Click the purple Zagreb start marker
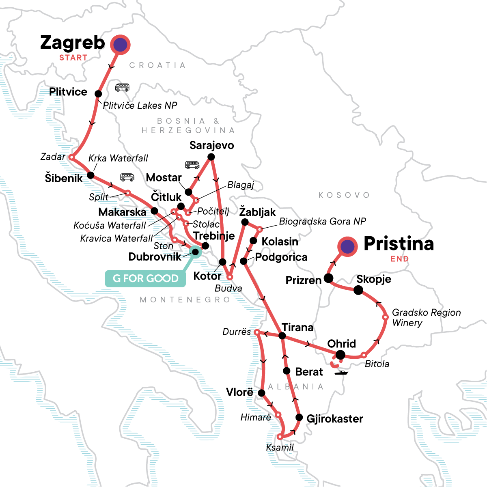pyautogui.click(x=120, y=45)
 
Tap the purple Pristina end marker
pyautogui.click(x=347, y=246)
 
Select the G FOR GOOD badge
pyautogui.click(x=145, y=278)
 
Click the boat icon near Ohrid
pyautogui.click(x=341, y=372)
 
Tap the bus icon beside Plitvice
pyautogui.click(x=122, y=87)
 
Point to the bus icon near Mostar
pyautogui.click(x=192, y=165)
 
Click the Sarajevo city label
pyautogui.click(x=211, y=145)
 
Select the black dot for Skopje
pyautogui.click(x=358, y=290)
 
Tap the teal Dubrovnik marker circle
pyautogui.click(x=195, y=252)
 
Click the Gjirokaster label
pyautogui.click(x=334, y=418)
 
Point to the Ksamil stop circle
pyautogui.click(x=280, y=437)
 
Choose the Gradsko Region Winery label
pyautogui.click(x=426, y=318)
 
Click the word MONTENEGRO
pyautogui.click(x=185, y=300)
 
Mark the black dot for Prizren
pyautogui.click(x=329, y=278)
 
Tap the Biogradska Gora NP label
pyautogui.click(x=322, y=222)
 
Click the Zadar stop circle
pyautogui.click(x=71, y=157)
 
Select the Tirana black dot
pyautogui.click(x=282, y=336)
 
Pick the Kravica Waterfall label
pyautogui.click(x=116, y=238)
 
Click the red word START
pyautogui.click(x=73, y=58)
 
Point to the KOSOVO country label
pyautogui.click(x=344, y=195)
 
